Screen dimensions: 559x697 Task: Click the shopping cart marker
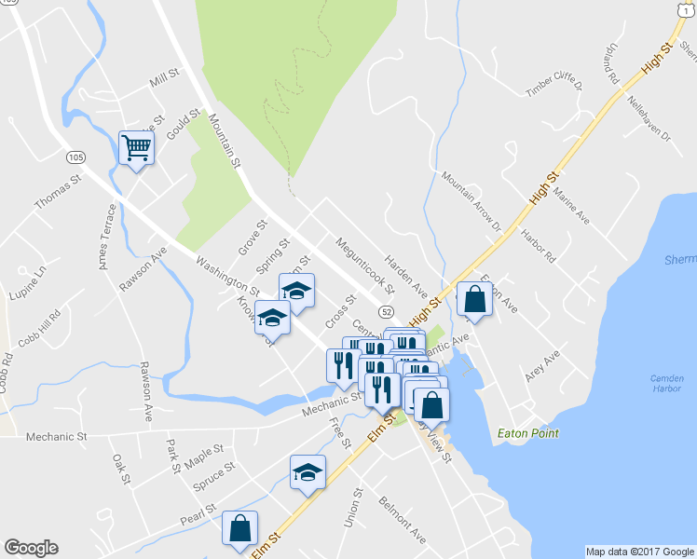pos(136,147)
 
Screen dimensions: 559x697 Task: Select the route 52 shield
pos(386,309)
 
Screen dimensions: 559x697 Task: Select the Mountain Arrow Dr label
pos(471,201)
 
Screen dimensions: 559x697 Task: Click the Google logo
pos(31,548)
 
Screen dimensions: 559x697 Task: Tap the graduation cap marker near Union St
pos(307,472)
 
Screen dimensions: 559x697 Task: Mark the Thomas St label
pos(58,189)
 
